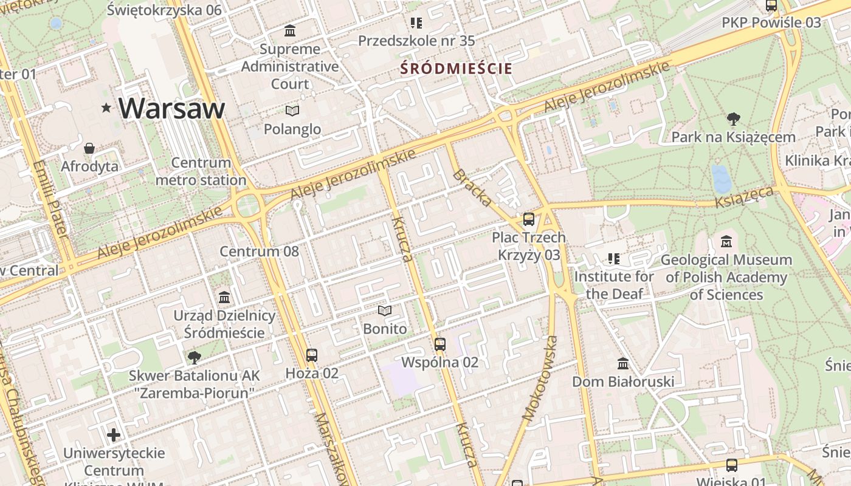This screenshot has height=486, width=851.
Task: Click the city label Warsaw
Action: pyautogui.click(x=171, y=108)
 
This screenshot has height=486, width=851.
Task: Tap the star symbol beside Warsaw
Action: pyautogui.click(x=106, y=108)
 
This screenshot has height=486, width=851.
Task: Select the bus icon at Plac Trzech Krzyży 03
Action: pyautogui.click(x=529, y=219)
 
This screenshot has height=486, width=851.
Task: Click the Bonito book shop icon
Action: pyautogui.click(x=384, y=311)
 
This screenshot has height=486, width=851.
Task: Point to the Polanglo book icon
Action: pyautogui.click(x=292, y=111)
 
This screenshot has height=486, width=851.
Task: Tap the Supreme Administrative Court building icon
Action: pyautogui.click(x=290, y=30)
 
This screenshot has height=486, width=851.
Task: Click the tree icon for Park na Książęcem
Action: pyautogui.click(x=733, y=119)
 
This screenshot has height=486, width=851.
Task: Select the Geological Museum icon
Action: pyautogui.click(x=726, y=242)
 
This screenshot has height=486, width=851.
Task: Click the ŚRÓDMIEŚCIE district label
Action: pyautogui.click(x=457, y=69)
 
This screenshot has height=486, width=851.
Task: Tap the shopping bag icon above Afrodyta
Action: pyautogui.click(x=89, y=148)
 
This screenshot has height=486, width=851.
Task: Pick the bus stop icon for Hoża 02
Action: pyautogui.click(x=312, y=355)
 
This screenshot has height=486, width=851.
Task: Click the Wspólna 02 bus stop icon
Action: pyautogui.click(x=440, y=344)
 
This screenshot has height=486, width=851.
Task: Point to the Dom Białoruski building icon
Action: pyautogui.click(x=623, y=363)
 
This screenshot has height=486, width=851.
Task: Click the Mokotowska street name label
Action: pyautogui.click(x=540, y=378)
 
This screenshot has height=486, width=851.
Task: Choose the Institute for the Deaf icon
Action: pyautogui.click(x=614, y=259)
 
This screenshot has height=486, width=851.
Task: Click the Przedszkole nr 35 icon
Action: pyautogui.click(x=416, y=23)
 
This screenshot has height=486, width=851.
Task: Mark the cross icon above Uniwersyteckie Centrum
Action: pyautogui.click(x=114, y=435)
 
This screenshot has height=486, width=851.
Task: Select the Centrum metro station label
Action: pyautogui.click(x=201, y=171)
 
